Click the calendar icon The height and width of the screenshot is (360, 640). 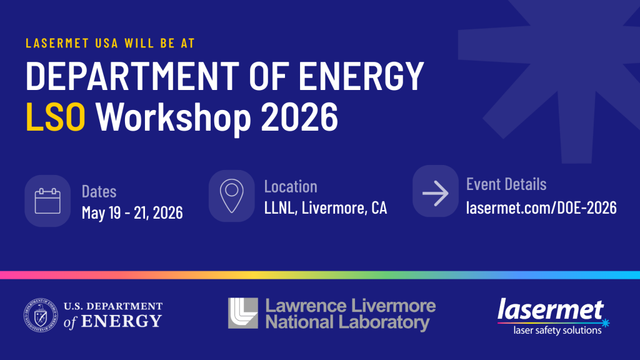47,201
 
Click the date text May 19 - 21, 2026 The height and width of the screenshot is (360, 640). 132,212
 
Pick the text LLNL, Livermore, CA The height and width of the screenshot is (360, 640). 325,208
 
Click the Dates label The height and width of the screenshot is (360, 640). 99,191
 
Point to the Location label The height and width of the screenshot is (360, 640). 291,186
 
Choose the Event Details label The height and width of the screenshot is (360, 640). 506,184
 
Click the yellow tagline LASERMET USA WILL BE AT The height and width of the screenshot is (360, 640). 110,44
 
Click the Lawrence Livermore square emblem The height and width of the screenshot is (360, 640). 242,313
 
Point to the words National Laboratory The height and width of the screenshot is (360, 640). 347,322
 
